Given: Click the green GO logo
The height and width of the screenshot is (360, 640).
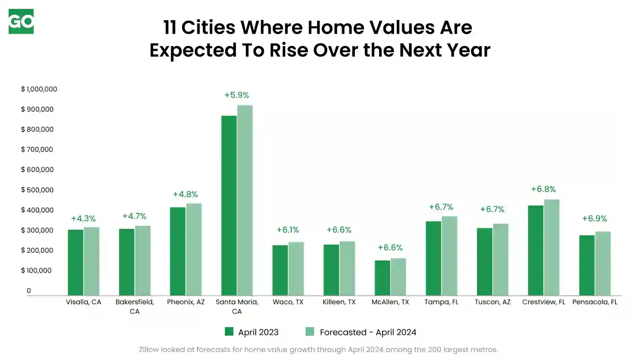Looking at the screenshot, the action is [21, 21].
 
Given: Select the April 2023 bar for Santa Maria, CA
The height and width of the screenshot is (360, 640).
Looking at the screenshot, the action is [229, 205].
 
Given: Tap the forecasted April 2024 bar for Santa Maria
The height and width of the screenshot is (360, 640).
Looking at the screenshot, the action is [245, 200].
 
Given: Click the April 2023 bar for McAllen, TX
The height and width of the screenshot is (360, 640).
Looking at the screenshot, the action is [382, 278].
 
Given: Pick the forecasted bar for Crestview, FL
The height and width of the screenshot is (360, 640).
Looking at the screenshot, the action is [552, 247].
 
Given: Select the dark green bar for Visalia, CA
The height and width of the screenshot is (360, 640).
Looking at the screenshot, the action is [76, 263].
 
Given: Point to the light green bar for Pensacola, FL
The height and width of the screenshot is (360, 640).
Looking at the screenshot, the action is [603, 263].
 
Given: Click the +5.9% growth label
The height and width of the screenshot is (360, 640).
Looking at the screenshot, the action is [237, 95].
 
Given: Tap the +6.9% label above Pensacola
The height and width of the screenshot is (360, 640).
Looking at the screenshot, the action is [595, 218].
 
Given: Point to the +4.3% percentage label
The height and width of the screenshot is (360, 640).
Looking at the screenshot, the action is [83, 218].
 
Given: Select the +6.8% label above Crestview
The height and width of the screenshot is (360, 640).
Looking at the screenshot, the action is [543, 189].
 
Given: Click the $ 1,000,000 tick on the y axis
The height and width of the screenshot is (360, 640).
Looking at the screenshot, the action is [39, 89].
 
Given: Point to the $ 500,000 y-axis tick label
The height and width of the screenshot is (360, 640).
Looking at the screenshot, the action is [37, 190].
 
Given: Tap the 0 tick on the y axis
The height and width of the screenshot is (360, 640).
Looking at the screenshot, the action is [29, 291].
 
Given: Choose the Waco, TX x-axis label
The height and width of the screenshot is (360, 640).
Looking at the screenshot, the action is [288, 302].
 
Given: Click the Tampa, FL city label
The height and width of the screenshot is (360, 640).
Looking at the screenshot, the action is [441, 302].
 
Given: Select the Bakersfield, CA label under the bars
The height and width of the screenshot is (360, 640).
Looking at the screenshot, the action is [135, 307].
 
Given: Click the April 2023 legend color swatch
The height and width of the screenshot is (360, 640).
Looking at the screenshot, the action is [229, 331].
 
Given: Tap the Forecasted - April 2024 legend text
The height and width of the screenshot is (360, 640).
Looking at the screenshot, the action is [368, 332].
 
